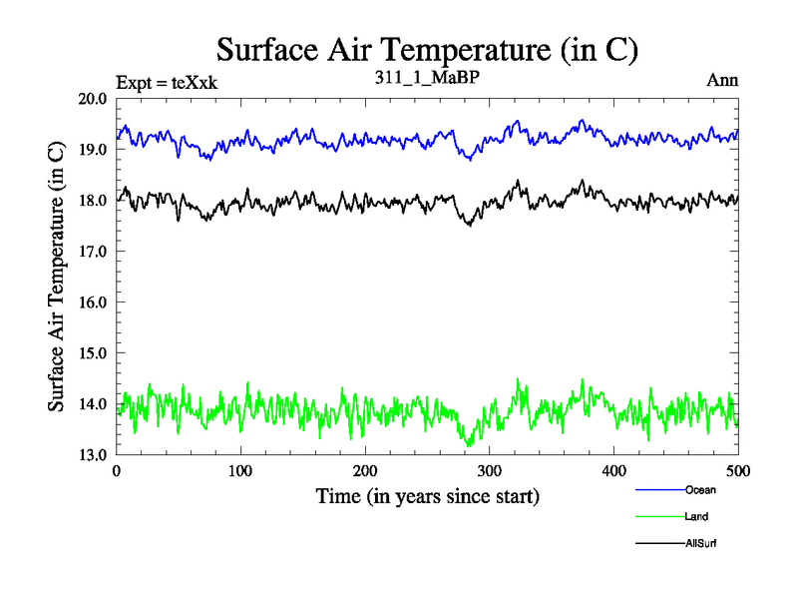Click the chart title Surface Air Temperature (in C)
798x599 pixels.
(x=427, y=49)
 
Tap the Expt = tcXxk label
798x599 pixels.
(x=167, y=83)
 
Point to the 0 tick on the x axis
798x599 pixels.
(x=117, y=470)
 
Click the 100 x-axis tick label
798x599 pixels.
(x=240, y=470)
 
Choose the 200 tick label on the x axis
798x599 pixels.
(x=365, y=470)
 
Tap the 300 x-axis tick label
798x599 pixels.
(x=490, y=470)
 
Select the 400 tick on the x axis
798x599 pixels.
(x=613, y=470)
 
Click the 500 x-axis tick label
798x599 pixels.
(x=738, y=470)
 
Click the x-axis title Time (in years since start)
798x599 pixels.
(x=428, y=495)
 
